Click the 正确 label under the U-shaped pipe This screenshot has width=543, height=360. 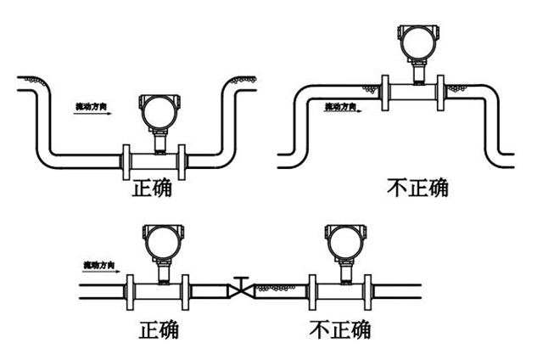click(x=152, y=188)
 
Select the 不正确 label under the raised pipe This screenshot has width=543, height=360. click(x=415, y=188)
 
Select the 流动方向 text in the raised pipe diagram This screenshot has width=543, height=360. click(x=346, y=106)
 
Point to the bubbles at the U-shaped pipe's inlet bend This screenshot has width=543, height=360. click(x=34, y=82)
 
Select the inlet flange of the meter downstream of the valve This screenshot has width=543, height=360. click(x=314, y=290)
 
